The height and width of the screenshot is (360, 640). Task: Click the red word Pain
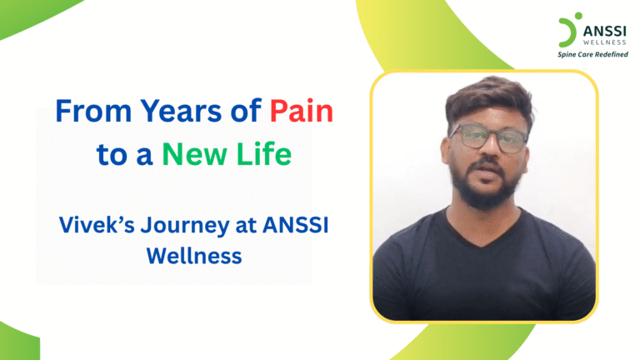[301, 110]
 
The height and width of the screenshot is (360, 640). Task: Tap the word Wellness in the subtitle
[193, 255]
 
